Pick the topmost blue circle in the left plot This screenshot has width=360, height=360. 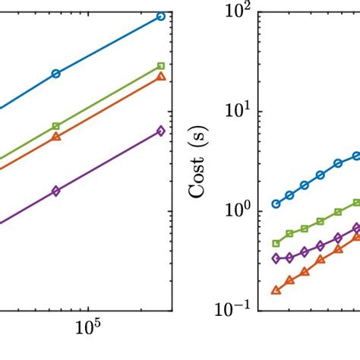160,16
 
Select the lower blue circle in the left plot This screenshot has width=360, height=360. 55,74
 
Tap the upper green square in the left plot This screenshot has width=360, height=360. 160,66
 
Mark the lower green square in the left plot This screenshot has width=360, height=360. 55,126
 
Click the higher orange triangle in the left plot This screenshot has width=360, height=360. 160,77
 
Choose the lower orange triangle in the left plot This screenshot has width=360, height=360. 55,137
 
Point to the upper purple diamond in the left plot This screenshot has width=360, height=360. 160,131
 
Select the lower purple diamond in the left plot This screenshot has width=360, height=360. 55,191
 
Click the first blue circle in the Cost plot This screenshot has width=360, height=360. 276,204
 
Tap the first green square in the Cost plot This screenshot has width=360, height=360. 276,244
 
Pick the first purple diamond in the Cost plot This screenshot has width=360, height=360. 276,258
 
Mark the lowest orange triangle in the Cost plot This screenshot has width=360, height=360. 276,289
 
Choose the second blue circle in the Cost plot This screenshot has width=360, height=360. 289,195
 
